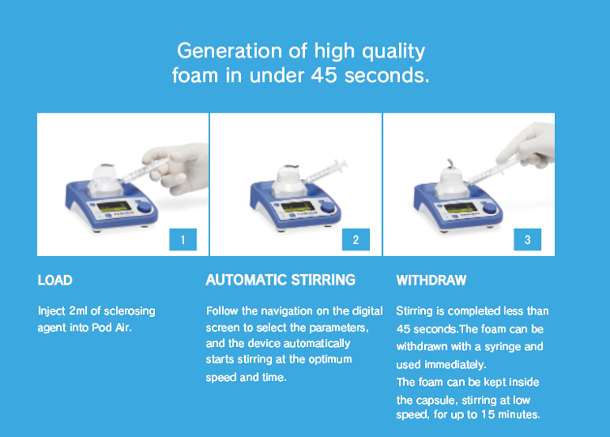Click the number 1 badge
click(x=183, y=239)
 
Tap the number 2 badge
click(x=355, y=239)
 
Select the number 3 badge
click(x=527, y=239)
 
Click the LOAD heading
click(x=55, y=281)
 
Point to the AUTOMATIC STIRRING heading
click(x=281, y=280)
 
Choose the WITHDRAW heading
click(x=431, y=281)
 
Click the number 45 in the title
click(x=324, y=75)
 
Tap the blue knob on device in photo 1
click(x=144, y=207)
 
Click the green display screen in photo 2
click(x=298, y=207)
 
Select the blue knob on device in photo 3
click(x=489, y=208)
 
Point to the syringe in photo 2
click(x=326, y=171)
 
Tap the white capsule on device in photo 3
click(x=451, y=182)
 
